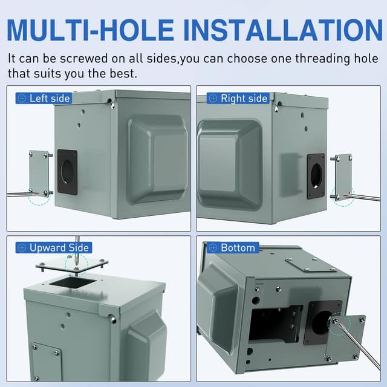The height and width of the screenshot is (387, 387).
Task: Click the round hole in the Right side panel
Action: coord(316,176)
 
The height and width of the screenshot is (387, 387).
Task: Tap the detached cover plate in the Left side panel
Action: coord(39,173)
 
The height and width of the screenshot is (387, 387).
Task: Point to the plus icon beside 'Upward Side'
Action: coord(22,248)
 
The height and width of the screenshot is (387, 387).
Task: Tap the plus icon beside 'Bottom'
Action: coord(213,248)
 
